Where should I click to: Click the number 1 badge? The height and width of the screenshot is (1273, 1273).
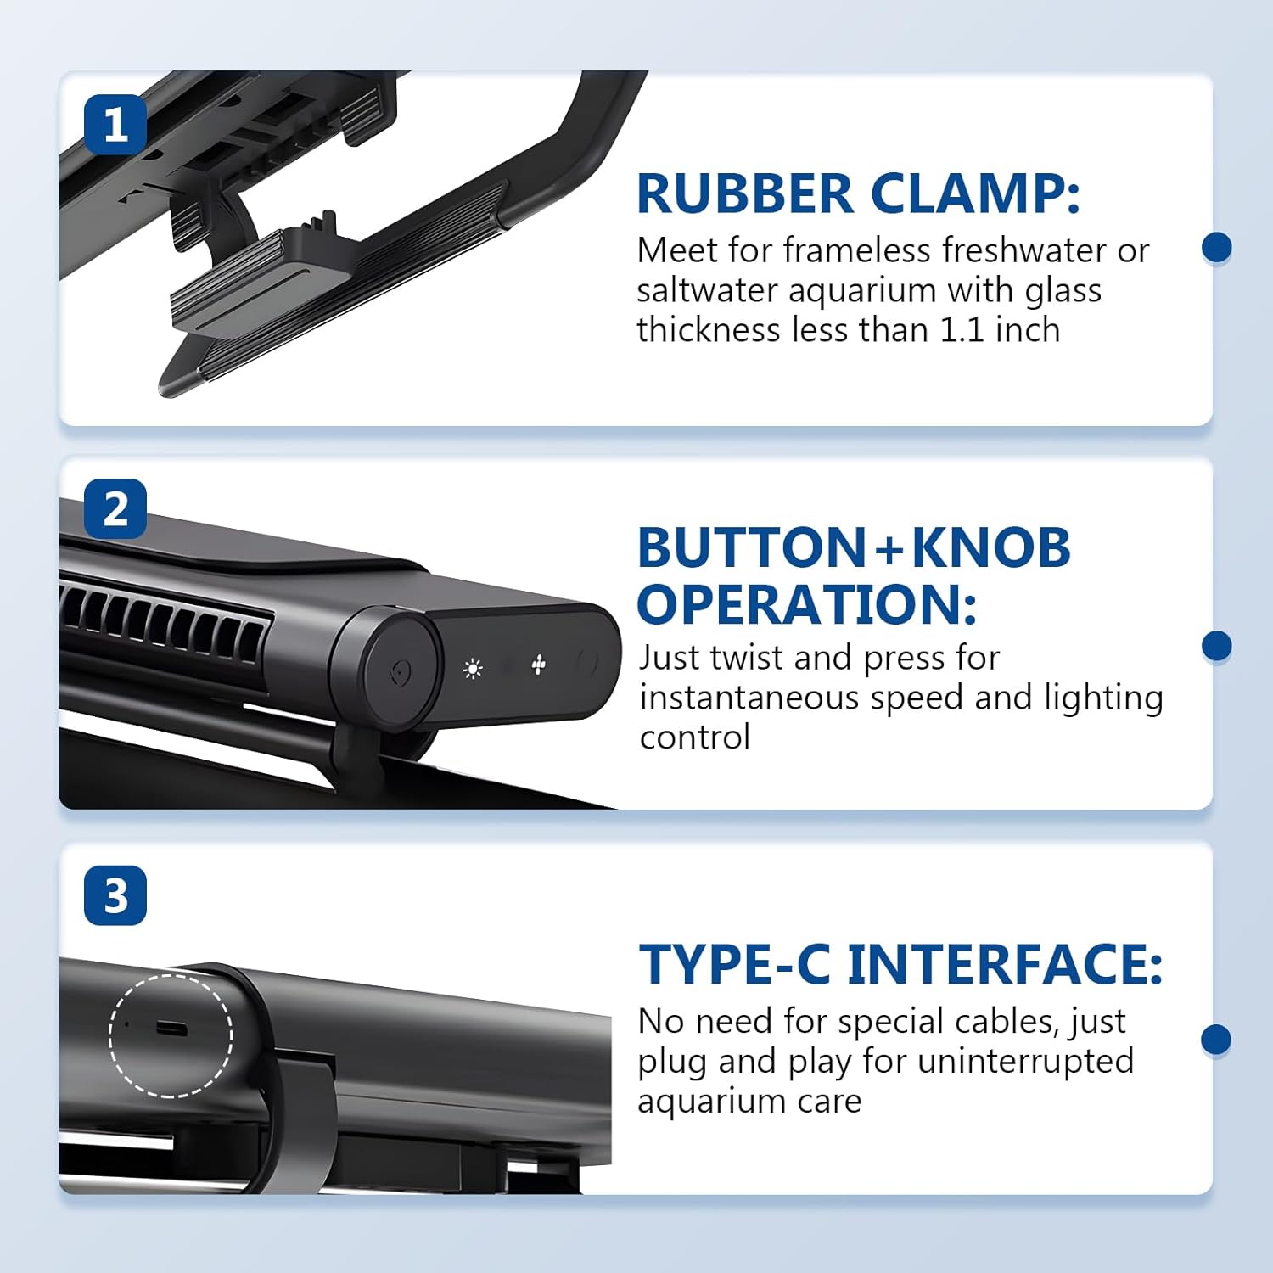click(115, 125)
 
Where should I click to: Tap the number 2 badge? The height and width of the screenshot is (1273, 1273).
click(115, 509)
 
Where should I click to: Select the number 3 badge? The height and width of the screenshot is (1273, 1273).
click(115, 895)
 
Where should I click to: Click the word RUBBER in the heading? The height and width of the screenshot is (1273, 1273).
click(745, 193)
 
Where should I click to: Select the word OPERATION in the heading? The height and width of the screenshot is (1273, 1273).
click(806, 604)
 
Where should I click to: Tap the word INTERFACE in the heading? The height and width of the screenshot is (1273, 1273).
click(1005, 965)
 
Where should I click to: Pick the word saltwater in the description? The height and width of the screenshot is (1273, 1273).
click(707, 290)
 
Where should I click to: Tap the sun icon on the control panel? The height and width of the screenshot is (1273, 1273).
click(473, 669)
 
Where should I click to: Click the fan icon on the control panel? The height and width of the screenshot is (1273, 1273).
click(538, 665)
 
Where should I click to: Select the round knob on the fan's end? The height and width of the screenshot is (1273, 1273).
click(397, 672)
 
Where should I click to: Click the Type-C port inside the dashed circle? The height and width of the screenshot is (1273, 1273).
click(171, 1029)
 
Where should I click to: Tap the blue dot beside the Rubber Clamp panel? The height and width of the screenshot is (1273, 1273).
click(1216, 248)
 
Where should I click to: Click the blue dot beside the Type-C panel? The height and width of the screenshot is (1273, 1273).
click(1216, 1040)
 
